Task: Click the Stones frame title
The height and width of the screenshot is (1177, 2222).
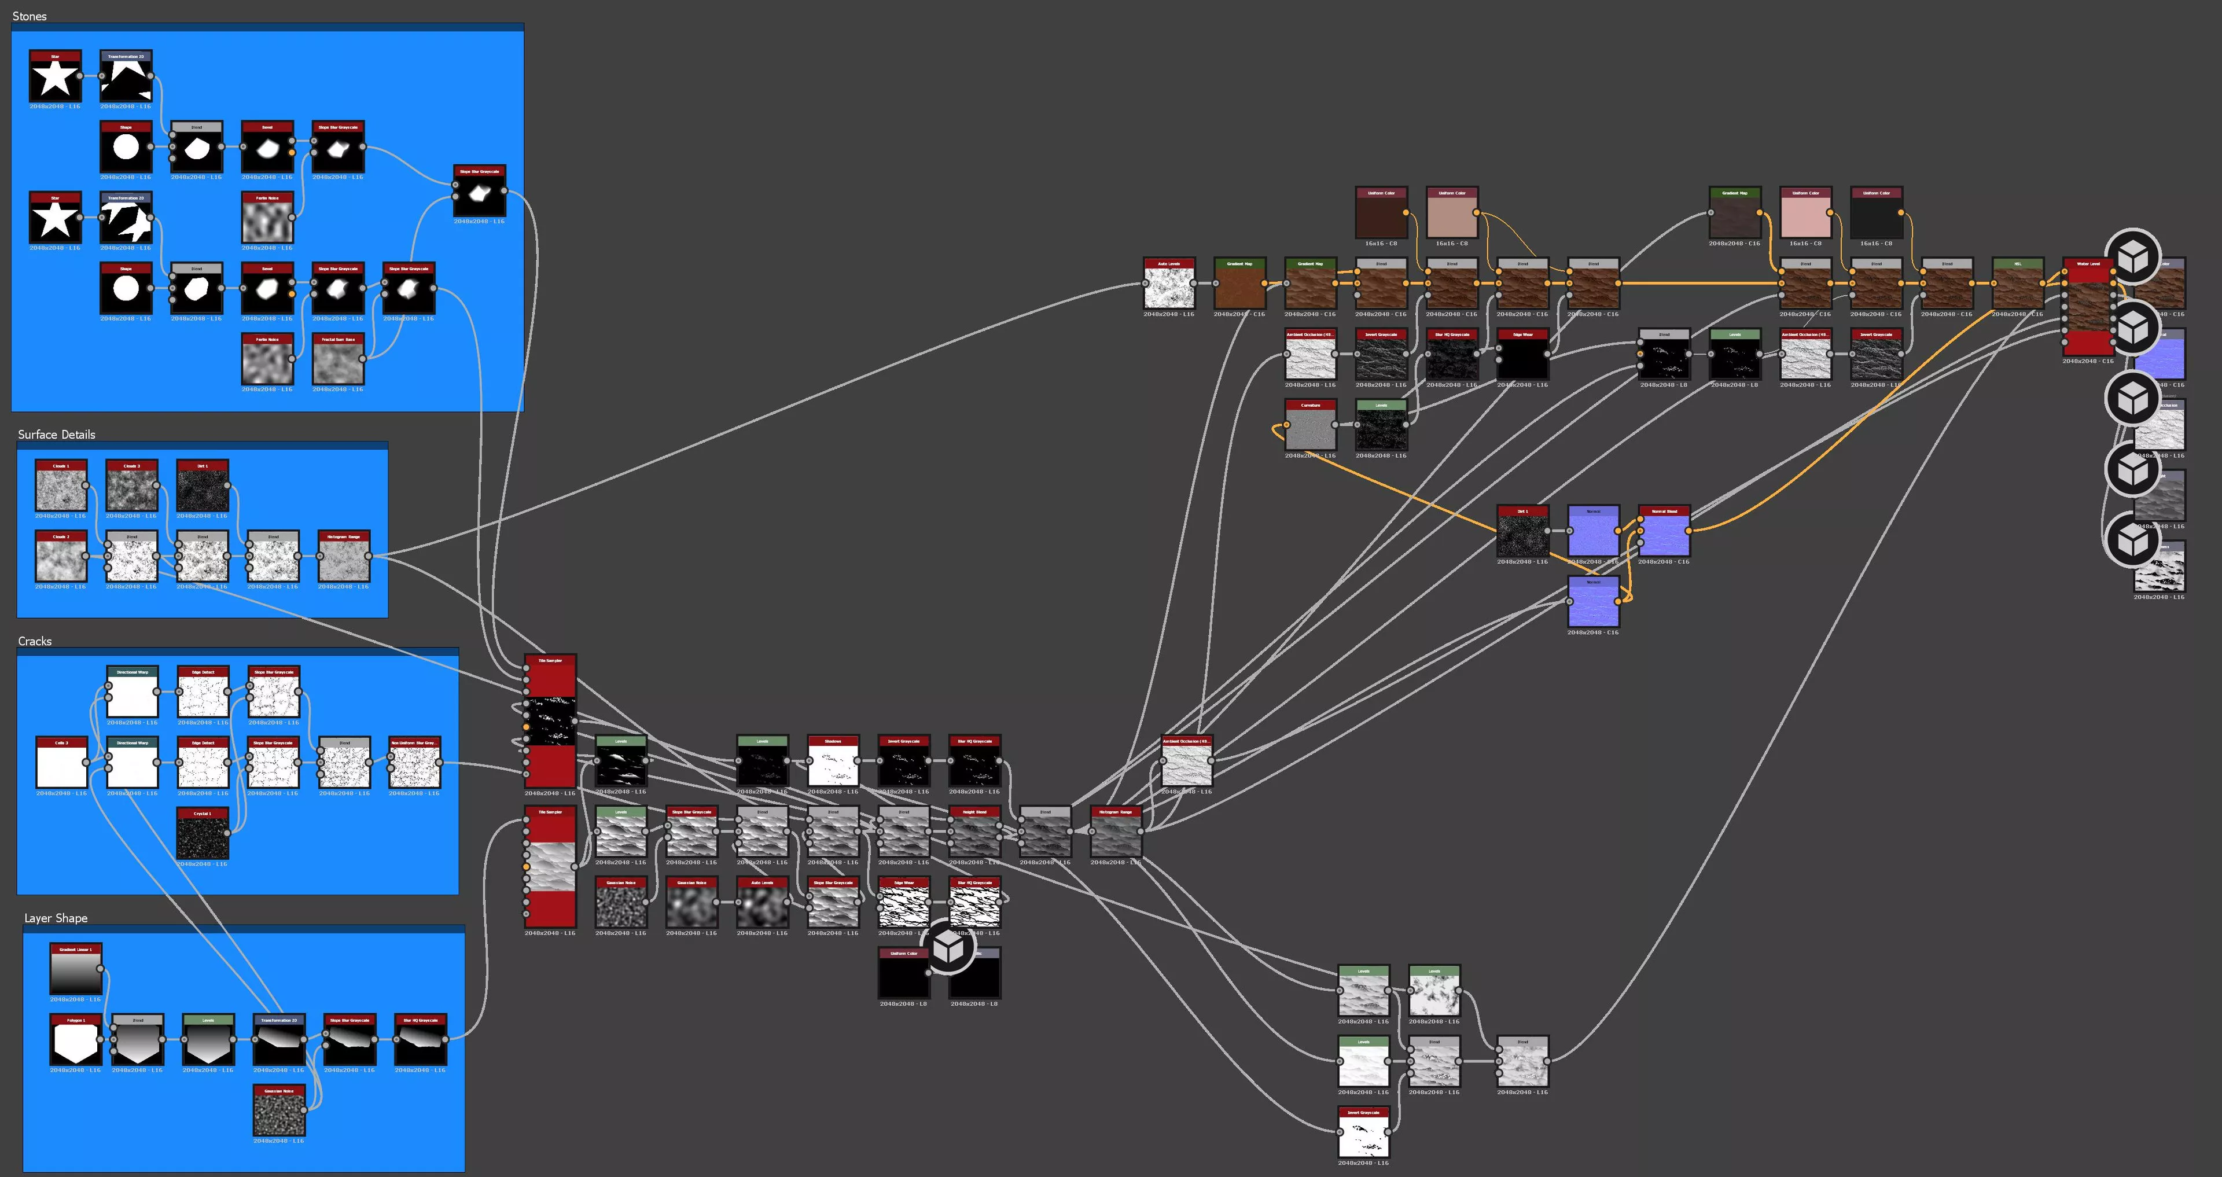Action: click(30, 16)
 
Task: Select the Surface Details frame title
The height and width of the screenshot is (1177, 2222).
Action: click(56, 434)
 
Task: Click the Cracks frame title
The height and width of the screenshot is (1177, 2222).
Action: click(35, 641)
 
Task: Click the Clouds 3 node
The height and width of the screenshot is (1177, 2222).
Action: click(131, 488)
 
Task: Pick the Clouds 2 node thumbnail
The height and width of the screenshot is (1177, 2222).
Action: click(60, 558)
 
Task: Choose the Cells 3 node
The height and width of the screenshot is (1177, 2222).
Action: click(60, 764)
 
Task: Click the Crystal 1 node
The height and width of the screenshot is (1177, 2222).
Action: click(202, 834)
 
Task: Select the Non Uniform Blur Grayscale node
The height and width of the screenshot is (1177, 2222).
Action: click(414, 764)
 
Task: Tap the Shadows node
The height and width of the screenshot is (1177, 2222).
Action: click(833, 762)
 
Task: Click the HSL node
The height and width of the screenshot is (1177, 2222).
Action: click(2018, 284)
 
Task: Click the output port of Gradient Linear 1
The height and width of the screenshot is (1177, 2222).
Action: click(101, 968)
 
